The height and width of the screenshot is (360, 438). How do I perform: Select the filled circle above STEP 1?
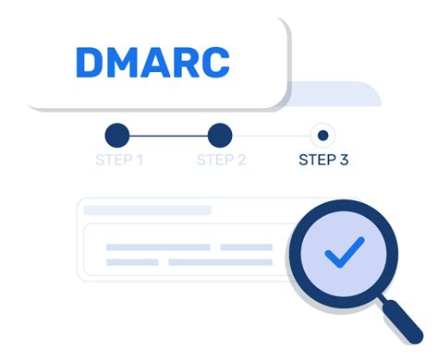[118, 136]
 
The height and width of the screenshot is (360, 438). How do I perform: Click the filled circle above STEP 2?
[220, 136]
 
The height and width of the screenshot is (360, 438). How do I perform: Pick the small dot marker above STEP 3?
[322, 136]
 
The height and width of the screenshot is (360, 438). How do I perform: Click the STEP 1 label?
[118, 161]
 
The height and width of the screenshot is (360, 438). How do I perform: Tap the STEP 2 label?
[221, 161]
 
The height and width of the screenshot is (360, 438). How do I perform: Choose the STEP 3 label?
[323, 161]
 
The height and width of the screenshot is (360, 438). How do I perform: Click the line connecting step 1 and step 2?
[169, 136]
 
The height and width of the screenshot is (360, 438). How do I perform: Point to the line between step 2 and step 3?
[271, 136]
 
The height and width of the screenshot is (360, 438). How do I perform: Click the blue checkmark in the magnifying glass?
[344, 249]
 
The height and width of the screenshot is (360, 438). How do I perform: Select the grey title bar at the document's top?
[148, 210]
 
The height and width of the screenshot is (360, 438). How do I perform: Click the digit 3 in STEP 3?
[344, 161]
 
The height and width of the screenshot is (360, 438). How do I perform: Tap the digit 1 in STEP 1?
[139, 161]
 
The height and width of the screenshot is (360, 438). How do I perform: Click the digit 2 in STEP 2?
[241, 161]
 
